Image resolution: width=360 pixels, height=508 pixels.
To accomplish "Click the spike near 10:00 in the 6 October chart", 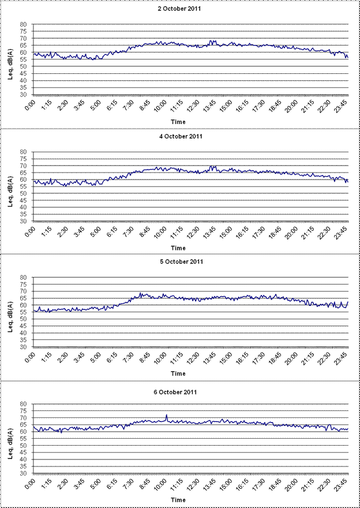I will click(x=167, y=415).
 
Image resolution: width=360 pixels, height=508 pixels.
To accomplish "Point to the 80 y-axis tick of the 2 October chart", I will click(x=24, y=24).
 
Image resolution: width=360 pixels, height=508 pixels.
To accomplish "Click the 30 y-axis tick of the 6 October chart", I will click(x=24, y=474).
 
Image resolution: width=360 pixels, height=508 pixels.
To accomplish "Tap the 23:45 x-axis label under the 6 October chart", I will click(x=344, y=485).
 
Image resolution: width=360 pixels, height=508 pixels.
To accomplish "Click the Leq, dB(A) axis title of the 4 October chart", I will click(x=10, y=186).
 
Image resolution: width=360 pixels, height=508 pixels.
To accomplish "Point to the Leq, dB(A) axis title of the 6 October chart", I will click(x=10, y=438).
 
